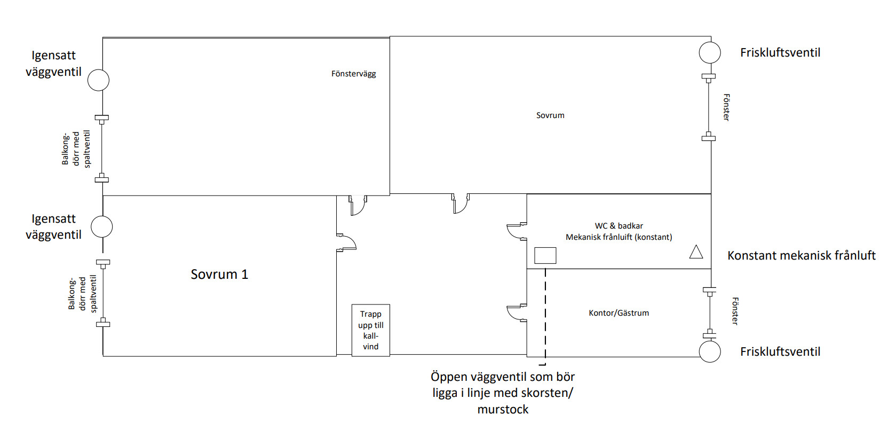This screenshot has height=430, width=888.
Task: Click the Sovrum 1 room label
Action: pos(219,274)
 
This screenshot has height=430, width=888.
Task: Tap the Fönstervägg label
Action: pos(354,74)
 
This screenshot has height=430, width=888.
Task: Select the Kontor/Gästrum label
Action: pos(619,313)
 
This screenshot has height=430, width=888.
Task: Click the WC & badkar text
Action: pos(619,226)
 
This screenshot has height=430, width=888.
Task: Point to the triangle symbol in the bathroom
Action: pos(696,252)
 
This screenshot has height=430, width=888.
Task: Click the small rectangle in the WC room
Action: pos(545,255)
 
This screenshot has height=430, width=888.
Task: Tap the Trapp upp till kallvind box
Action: pos(371,330)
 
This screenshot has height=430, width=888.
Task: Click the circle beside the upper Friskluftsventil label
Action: pos(710,53)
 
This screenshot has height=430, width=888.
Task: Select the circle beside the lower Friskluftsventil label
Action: pos(710,351)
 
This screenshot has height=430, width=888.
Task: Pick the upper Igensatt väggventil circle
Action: pos(98,80)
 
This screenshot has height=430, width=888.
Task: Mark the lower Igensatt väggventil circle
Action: pos(102,226)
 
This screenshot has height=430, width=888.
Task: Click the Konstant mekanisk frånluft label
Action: pos(801,255)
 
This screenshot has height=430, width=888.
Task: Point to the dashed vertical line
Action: pos(545,317)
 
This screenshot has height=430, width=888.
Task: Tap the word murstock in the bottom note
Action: pos(503,409)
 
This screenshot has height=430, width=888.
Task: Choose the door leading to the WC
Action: pos(517,231)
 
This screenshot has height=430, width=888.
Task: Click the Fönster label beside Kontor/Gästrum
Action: pos(735,311)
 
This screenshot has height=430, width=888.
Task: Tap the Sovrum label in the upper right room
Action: pos(550,115)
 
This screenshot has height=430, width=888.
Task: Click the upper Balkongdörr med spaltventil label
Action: pos(76,148)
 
